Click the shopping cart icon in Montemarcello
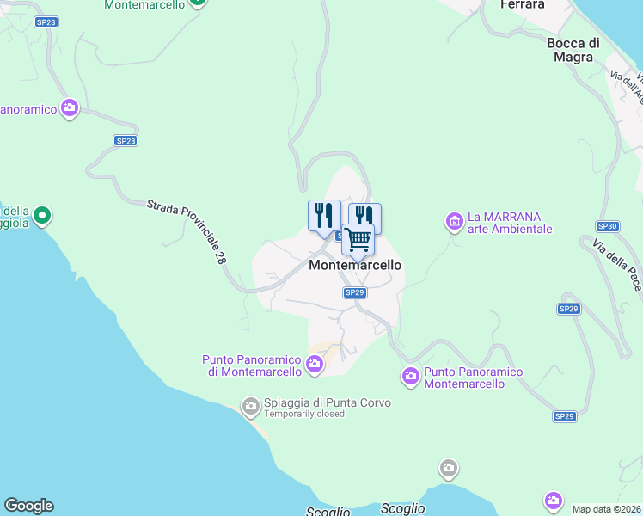[x=358, y=238]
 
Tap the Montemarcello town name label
[x=355, y=266]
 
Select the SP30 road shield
[x=607, y=226]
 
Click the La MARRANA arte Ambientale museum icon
[x=454, y=222]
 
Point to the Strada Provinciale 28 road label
[x=188, y=232]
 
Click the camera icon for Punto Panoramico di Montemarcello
[x=315, y=365]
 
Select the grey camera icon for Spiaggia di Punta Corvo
[x=251, y=404]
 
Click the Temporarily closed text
[x=304, y=415]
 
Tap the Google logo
[x=28, y=506]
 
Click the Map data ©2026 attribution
[x=605, y=509]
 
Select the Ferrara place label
[x=522, y=5]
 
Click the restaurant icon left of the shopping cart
[x=324, y=213]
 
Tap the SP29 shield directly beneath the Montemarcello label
[x=355, y=292]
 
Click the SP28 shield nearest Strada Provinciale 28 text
[x=126, y=140]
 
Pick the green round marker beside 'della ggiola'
[x=41, y=215]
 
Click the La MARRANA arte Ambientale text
[x=510, y=223]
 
